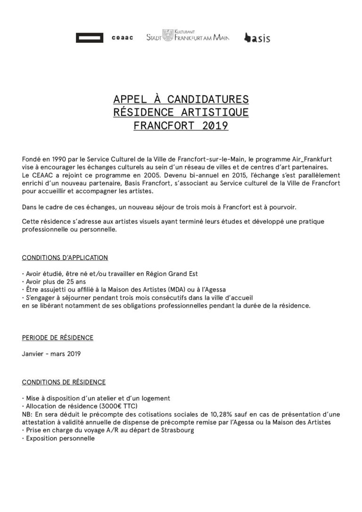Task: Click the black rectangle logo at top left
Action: coord(90,38)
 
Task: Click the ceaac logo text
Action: coord(123,38)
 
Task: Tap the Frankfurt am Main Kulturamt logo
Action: coord(188,36)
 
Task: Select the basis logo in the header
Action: coord(257,38)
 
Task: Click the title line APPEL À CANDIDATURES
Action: coord(181,99)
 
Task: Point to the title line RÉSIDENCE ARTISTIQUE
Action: coord(181,113)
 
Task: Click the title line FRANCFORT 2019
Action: coord(181,126)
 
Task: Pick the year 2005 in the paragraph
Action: coord(128,175)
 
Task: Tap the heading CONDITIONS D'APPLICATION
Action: coord(65,258)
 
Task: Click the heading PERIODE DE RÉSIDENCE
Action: coord(58,338)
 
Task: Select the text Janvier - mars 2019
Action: coord(51,354)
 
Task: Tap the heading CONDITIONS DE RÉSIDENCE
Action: coord(64,382)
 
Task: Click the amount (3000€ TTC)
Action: coord(113,406)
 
